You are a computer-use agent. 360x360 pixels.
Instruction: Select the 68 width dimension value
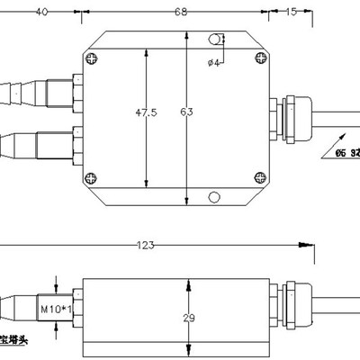coord(179,13)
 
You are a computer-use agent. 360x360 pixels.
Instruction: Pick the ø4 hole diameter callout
coord(214,61)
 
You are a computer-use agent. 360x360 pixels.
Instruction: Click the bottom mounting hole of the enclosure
coord(212,197)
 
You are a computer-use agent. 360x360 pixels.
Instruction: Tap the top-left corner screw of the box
coord(91,58)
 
